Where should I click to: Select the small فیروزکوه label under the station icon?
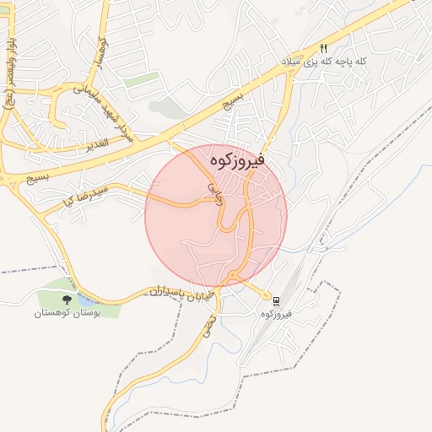276,313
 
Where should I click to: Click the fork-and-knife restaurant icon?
324,48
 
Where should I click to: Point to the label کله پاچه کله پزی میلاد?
326,62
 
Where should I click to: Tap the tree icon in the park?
67,299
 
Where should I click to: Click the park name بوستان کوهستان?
67,313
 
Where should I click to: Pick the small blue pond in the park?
87,300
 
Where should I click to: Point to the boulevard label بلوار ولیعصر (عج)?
8,67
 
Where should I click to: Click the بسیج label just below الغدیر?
38,178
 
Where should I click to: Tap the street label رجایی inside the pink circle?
213,191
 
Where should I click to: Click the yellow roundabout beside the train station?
267,296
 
